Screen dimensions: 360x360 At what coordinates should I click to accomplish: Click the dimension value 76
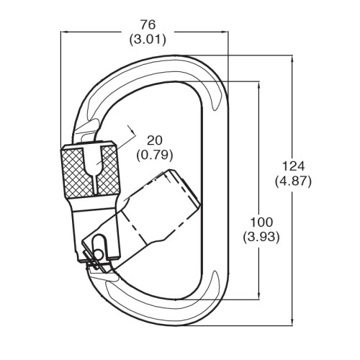(x=148, y=24)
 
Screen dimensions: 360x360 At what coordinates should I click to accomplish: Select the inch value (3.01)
(x=148, y=40)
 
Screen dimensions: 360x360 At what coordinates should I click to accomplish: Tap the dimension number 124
(x=293, y=166)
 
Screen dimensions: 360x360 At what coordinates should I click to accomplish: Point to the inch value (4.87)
(x=293, y=181)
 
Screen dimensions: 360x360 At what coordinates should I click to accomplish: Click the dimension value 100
(x=261, y=222)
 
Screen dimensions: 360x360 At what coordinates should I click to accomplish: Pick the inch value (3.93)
(x=261, y=237)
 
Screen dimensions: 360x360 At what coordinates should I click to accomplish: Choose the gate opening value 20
(x=155, y=140)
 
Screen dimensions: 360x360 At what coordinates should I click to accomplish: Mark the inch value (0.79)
(x=155, y=156)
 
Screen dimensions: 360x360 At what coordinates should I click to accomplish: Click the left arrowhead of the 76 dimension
(x=63, y=32)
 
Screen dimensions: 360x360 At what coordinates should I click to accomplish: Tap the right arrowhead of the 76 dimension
(x=225, y=32)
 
